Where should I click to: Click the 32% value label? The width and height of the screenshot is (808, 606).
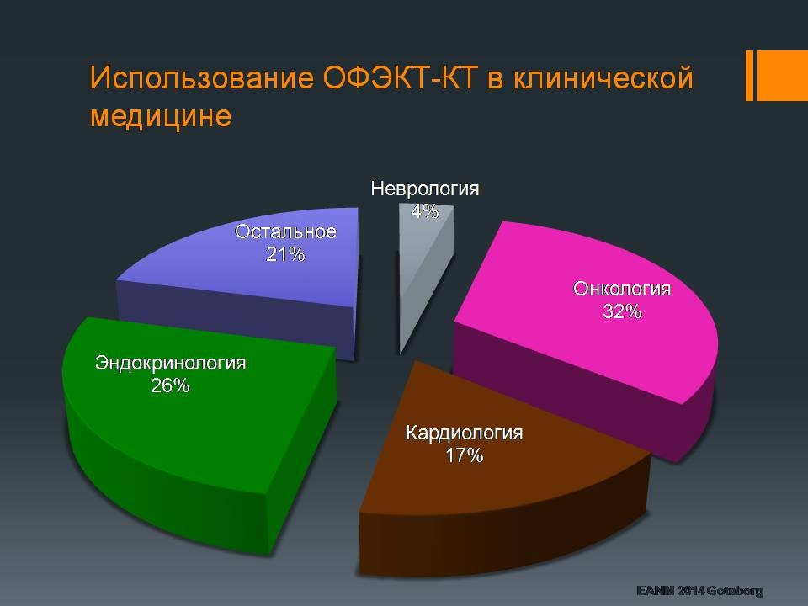tap(622, 311)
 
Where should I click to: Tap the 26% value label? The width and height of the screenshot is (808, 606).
tap(170, 386)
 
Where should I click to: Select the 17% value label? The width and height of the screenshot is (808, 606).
tap(464, 456)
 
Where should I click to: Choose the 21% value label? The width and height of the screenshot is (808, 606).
tap(285, 253)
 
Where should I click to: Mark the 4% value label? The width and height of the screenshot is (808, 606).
tap(425, 211)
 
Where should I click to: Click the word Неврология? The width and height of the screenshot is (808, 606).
tap(425, 189)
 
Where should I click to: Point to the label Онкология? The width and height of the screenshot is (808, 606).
tap(622, 290)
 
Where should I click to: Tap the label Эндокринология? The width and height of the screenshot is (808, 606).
tap(170, 364)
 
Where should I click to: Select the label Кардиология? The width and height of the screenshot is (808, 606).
tap(464, 433)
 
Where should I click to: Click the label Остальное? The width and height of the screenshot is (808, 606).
tap(285, 231)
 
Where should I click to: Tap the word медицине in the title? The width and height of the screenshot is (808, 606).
tap(160, 116)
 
